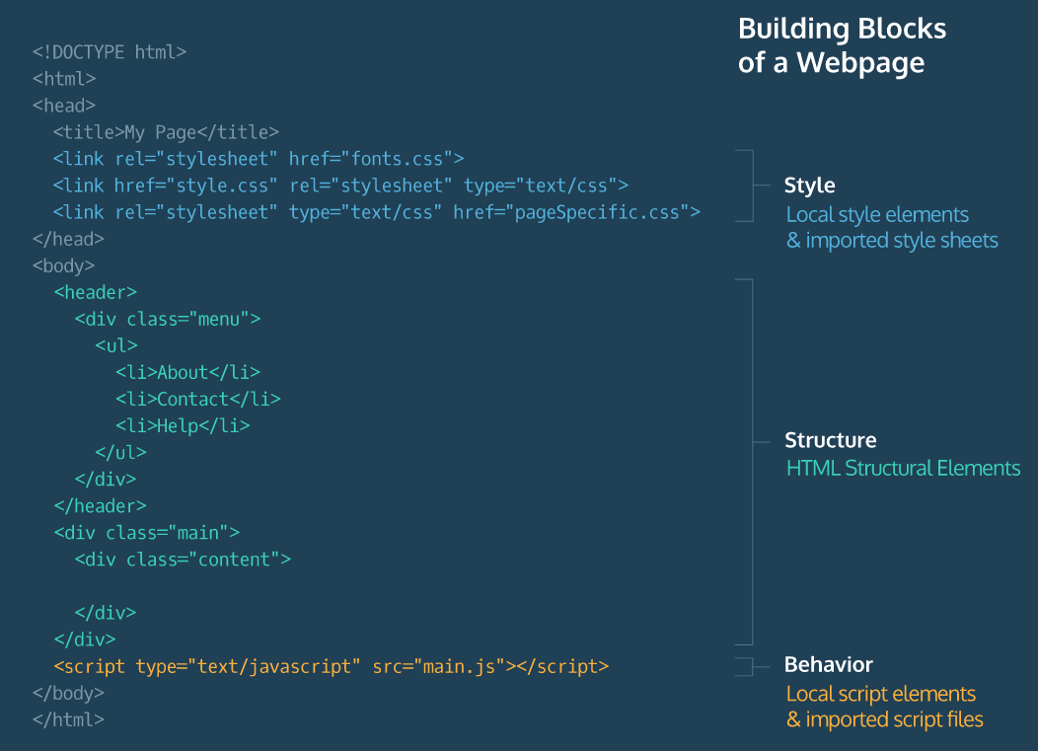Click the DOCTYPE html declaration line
[x=110, y=52]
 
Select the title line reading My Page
[x=166, y=132]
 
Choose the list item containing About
[x=187, y=372]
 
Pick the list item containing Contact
[x=197, y=399]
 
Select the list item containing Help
[x=183, y=425]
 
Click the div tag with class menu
[x=167, y=319]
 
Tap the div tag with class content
[x=183, y=560]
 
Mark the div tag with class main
[x=147, y=533]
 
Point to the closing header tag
[x=100, y=506]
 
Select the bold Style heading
[x=809, y=186]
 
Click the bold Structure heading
[x=830, y=440]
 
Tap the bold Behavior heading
[x=828, y=664]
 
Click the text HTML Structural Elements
[x=903, y=468]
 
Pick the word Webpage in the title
[x=860, y=63]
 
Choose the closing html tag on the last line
[x=68, y=719]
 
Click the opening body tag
[x=63, y=265]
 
